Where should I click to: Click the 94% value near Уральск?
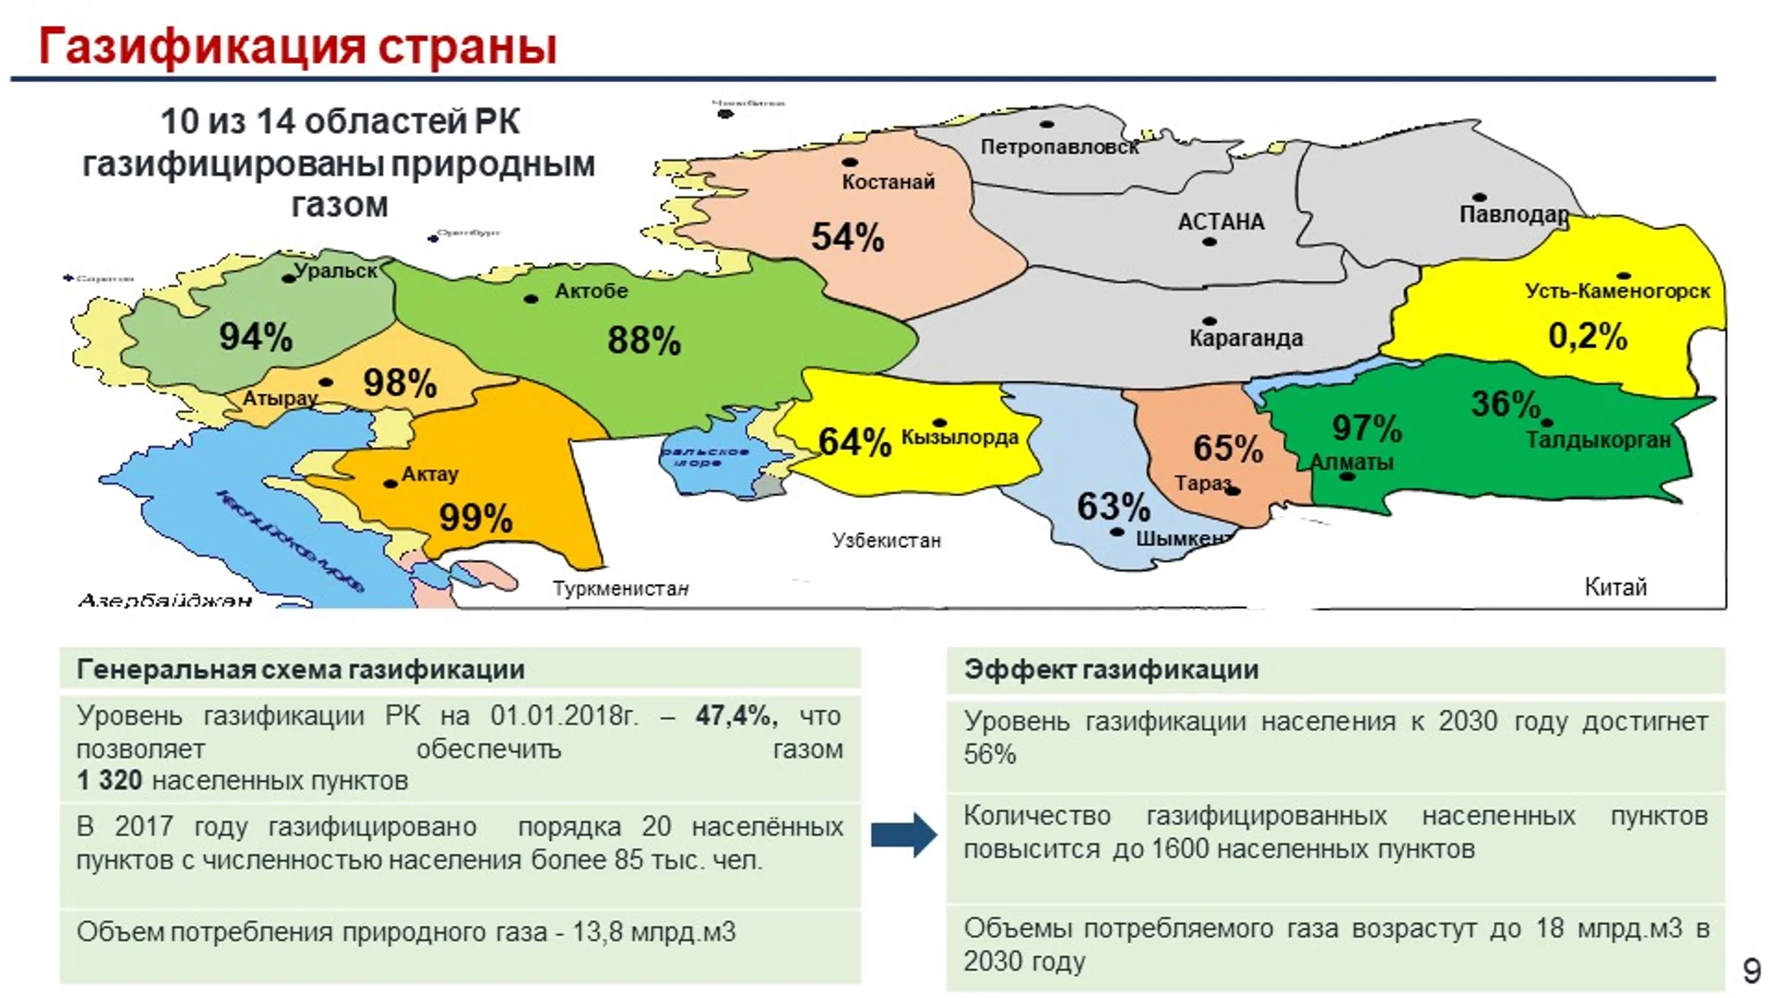(x=256, y=337)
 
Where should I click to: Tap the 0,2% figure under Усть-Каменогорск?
(x=1588, y=336)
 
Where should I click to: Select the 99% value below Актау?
(x=476, y=517)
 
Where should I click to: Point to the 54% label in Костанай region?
(x=847, y=237)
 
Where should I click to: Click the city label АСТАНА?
(x=1220, y=222)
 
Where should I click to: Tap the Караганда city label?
(x=1246, y=338)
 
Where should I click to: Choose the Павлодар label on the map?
(x=1514, y=214)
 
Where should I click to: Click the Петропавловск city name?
(x=1059, y=147)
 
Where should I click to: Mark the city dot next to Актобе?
(x=531, y=298)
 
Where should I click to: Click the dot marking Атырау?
(x=326, y=382)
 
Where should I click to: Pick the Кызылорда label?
(x=960, y=437)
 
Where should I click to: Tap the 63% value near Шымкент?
(x=1113, y=506)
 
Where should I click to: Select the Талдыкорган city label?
(x=1598, y=440)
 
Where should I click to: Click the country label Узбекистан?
(x=886, y=540)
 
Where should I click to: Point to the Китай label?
(x=1615, y=587)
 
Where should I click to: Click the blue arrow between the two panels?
(x=903, y=835)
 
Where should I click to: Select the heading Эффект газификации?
(x=1111, y=669)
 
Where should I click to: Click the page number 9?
(x=1751, y=971)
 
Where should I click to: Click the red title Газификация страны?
(x=297, y=46)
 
